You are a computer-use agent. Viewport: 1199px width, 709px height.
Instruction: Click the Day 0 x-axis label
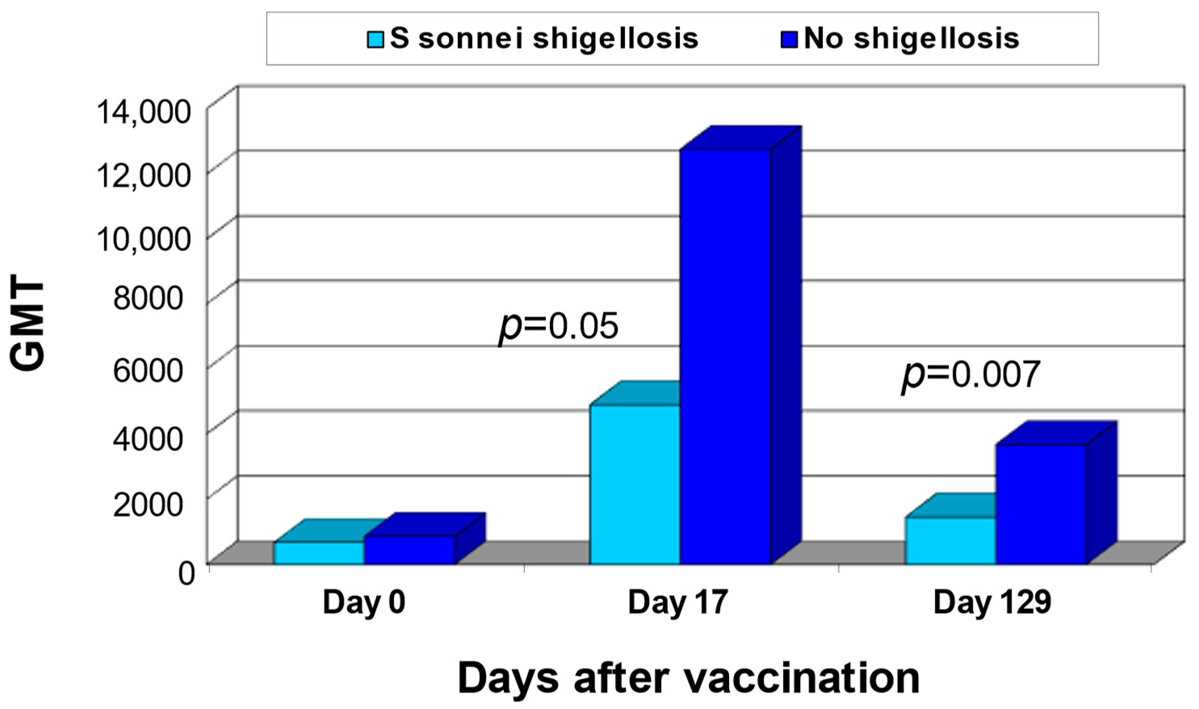click(364, 603)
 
